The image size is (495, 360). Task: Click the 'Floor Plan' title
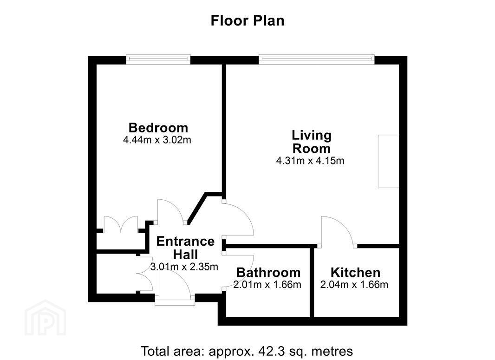tap(247, 21)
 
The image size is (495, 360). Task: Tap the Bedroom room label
tap(158, 128)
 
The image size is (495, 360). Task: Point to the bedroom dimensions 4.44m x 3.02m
tap(157, 139)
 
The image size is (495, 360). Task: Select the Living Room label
tap(312, 142)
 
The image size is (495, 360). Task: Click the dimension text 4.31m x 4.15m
tap(310, 161)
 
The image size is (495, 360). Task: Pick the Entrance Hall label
tap(185, 248)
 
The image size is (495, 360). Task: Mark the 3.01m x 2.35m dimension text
tap(184, 267)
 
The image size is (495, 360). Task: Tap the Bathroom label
tap(268, 272)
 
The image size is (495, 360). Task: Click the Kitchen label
tap(355, 272)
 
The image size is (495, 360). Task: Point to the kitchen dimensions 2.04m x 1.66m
tap(354, 285)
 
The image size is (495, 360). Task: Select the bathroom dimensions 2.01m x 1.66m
tap(267, 285)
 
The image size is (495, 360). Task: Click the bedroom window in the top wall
tap(158, 59)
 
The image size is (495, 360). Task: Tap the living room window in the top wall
tap(317, 59)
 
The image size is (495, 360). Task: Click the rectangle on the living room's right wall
tap(389, 161)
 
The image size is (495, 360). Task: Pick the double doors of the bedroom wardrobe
tap(121, 224)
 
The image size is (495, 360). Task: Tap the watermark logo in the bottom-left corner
tap(45, 318)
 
